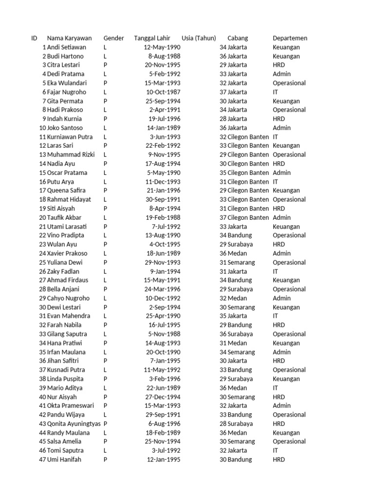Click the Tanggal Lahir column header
(x=153, y=38)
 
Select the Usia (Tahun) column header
(x=199, y=38)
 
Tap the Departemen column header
(x=290, y=38)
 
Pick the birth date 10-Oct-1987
(x=163, y=92)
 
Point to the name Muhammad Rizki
(x=71, y=154)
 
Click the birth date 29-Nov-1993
(x=163, y=262)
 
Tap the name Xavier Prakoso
(x=67, y=253)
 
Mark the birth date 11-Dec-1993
(x=163, y=182)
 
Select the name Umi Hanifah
(x=64, y=460)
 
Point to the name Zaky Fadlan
(x=63, y=271)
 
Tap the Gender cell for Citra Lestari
(x=105, y=65)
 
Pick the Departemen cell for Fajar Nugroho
(x=276, y=92)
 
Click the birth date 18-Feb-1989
(x=163, y=433)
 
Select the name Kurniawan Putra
(x=70, y=137)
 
